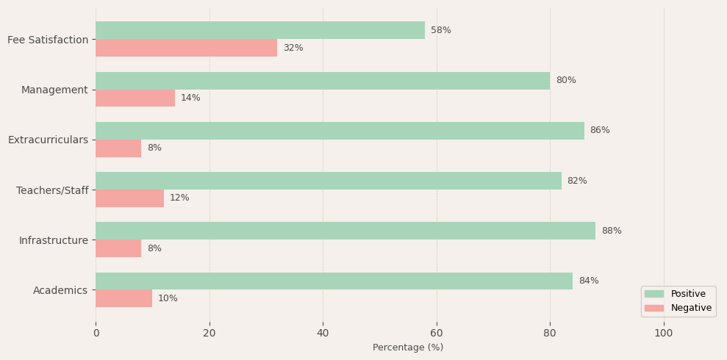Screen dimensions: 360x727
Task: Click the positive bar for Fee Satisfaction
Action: click(260, 30)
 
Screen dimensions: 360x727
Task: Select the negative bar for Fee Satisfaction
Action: click(186, 48)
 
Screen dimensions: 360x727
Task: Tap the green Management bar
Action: click(323, 81)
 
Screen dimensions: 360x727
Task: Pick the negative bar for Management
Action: click(135, 98)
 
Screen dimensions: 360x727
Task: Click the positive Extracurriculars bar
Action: click(340, 131)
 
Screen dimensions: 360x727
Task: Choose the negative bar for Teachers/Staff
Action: click(129, 198)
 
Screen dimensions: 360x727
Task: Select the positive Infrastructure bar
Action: click(345, 231)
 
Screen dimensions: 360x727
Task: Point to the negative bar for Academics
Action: click(123, 298)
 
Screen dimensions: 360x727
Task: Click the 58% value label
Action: click(441, 30)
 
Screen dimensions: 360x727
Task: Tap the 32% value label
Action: click(293, 48)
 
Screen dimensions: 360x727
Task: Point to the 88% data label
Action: click(612, 231)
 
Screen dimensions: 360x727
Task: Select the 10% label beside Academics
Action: click(168, 298)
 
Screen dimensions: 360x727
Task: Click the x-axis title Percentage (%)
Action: click(408, 348)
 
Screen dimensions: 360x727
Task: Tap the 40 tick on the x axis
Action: click(323, 333)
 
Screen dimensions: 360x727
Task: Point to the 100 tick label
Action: click(664, 333)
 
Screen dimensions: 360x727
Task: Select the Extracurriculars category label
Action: click(48, 140)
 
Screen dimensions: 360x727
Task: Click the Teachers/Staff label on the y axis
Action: click(52, 190)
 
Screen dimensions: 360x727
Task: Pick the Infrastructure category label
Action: click(54, 240)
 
